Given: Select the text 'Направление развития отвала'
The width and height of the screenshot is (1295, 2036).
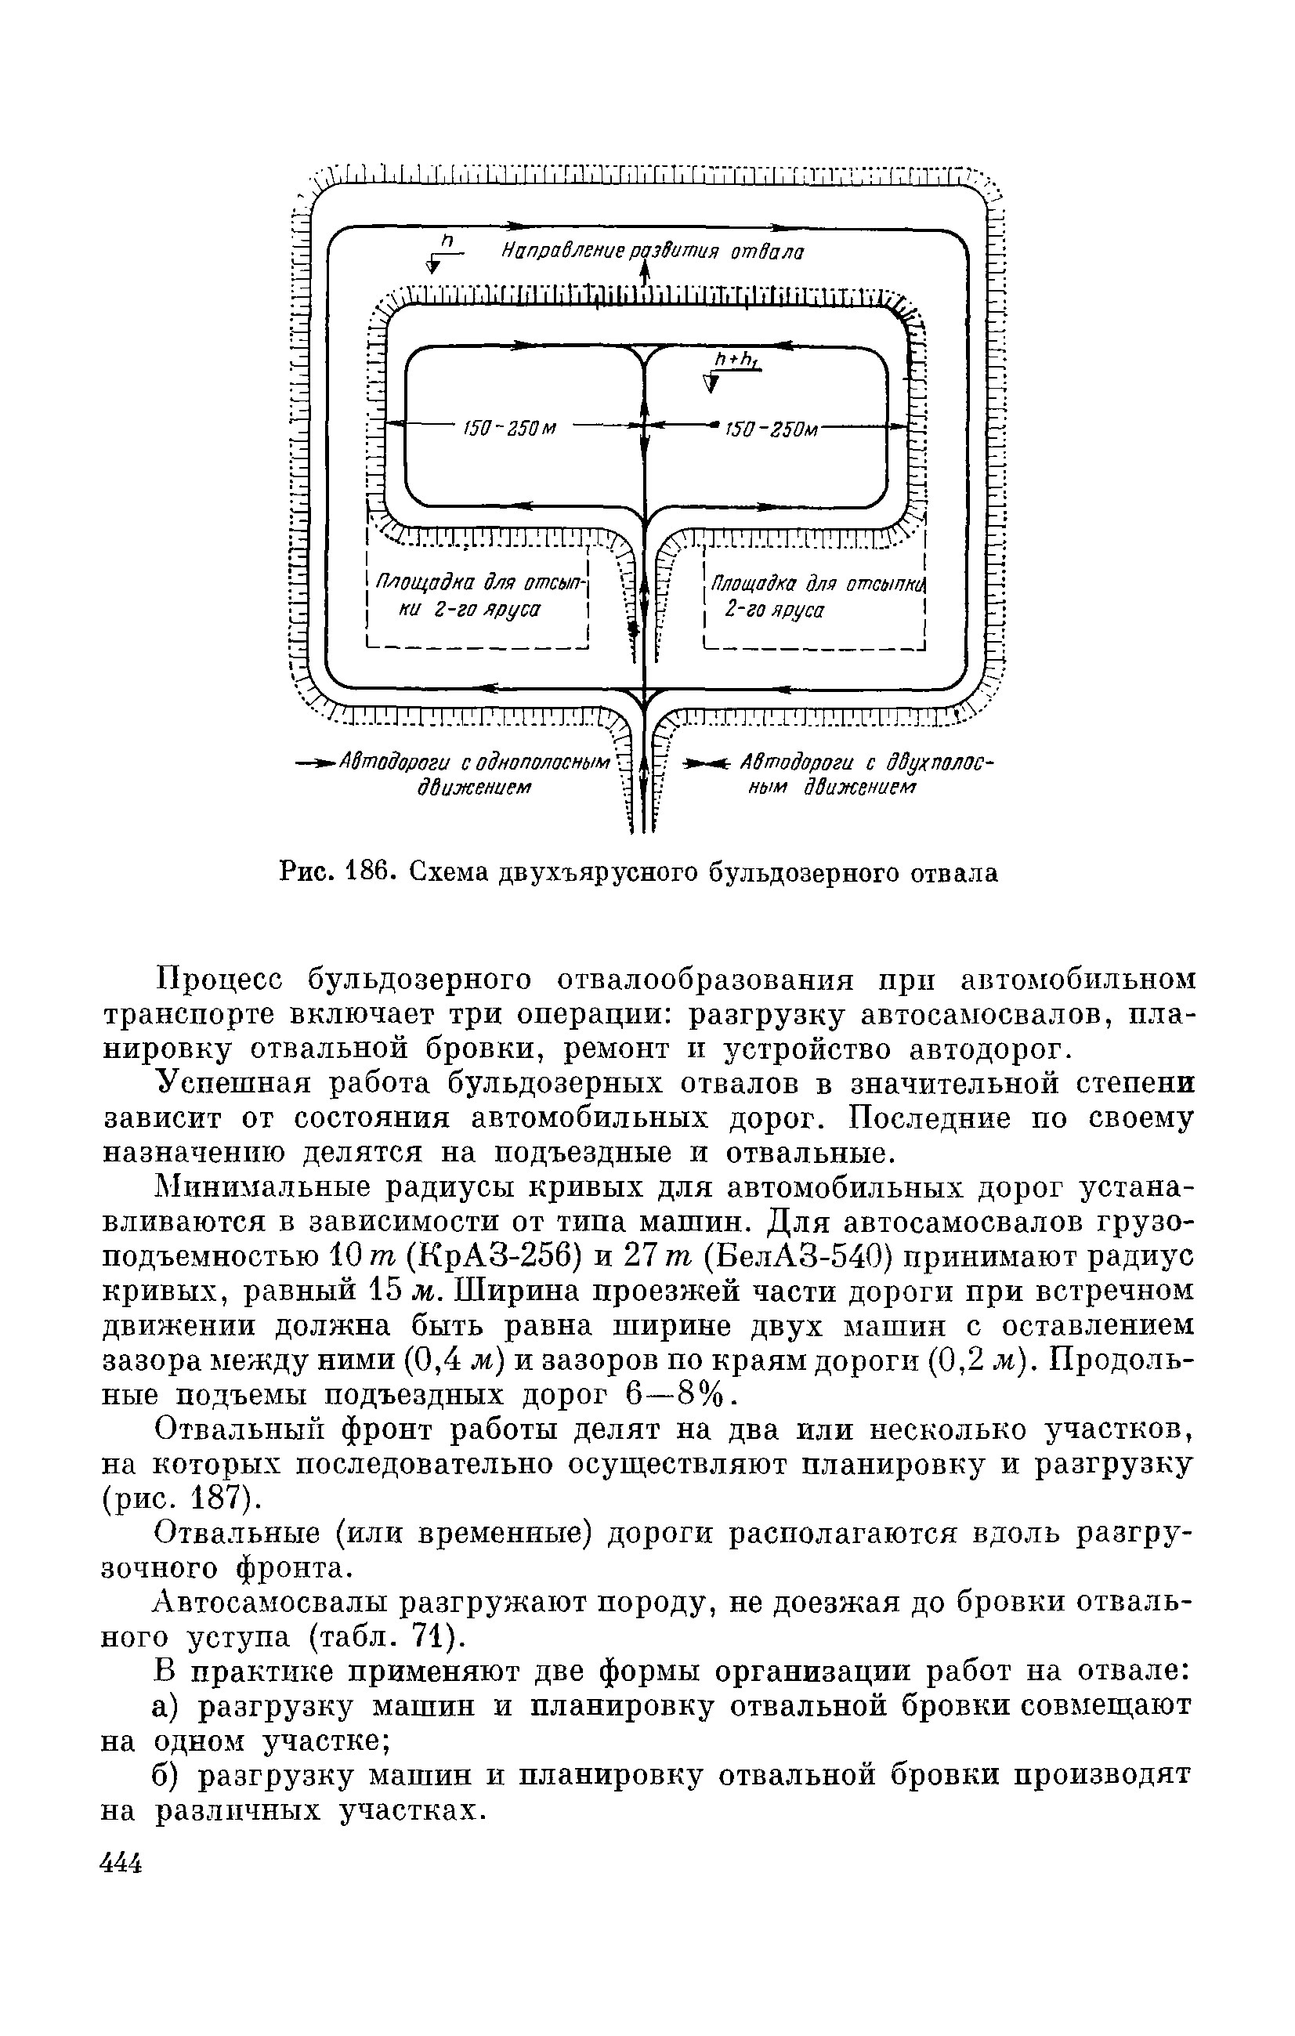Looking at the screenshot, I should (651, 253).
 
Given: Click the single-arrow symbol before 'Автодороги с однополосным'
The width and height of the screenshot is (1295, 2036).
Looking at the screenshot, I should (315, 764).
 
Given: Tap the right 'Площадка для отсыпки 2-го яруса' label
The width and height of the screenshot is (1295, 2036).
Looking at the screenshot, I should (813, 597).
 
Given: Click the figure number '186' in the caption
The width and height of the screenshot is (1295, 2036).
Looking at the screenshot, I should (371, 871).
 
